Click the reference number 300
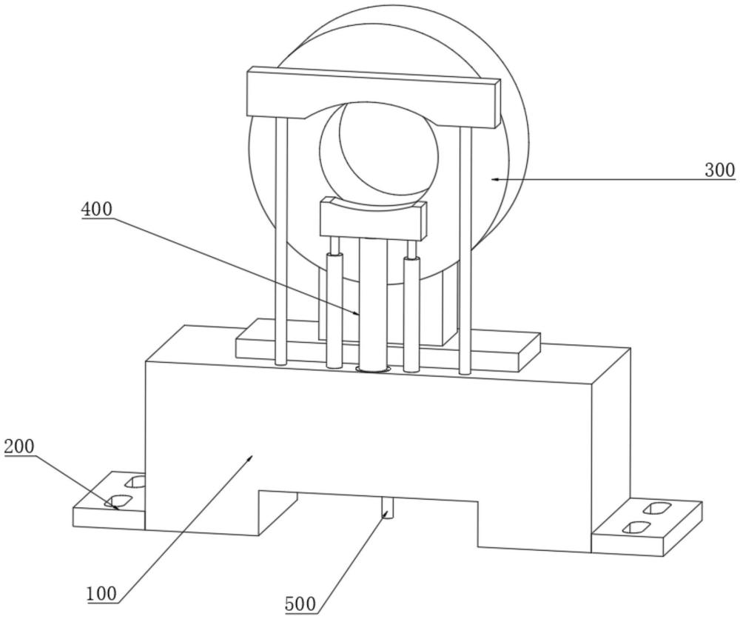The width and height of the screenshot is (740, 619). click(x=719, y=170)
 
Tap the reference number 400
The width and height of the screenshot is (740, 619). click(x=97, y=210)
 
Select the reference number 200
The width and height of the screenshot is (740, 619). click(x=19, y=447)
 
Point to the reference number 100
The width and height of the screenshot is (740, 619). click(x=101, y=593)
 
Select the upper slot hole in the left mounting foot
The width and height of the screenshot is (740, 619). click(x=135, y=483)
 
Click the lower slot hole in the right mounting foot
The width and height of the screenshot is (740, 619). click(x=636, y=528)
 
